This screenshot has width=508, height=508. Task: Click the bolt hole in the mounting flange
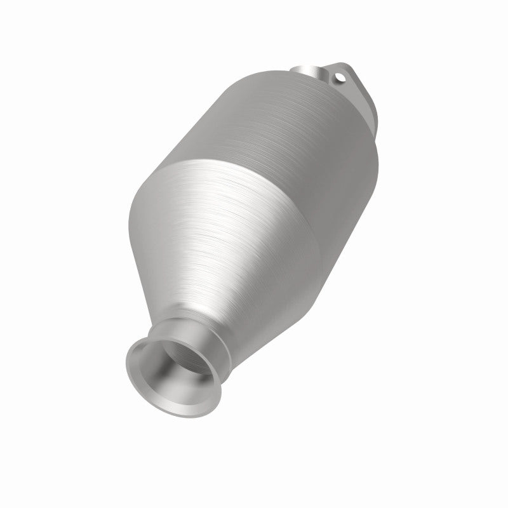pos(338,79)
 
